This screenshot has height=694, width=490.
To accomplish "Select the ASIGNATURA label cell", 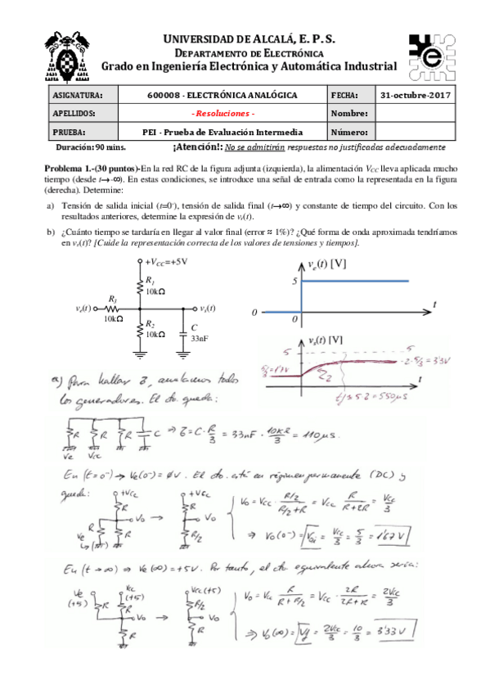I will coord(76,95).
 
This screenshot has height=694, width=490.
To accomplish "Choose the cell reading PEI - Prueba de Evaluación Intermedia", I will coord(223,131).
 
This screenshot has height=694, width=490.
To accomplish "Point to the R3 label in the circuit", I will coord(112,300).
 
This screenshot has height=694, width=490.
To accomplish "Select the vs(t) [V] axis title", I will coord(326,340).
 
